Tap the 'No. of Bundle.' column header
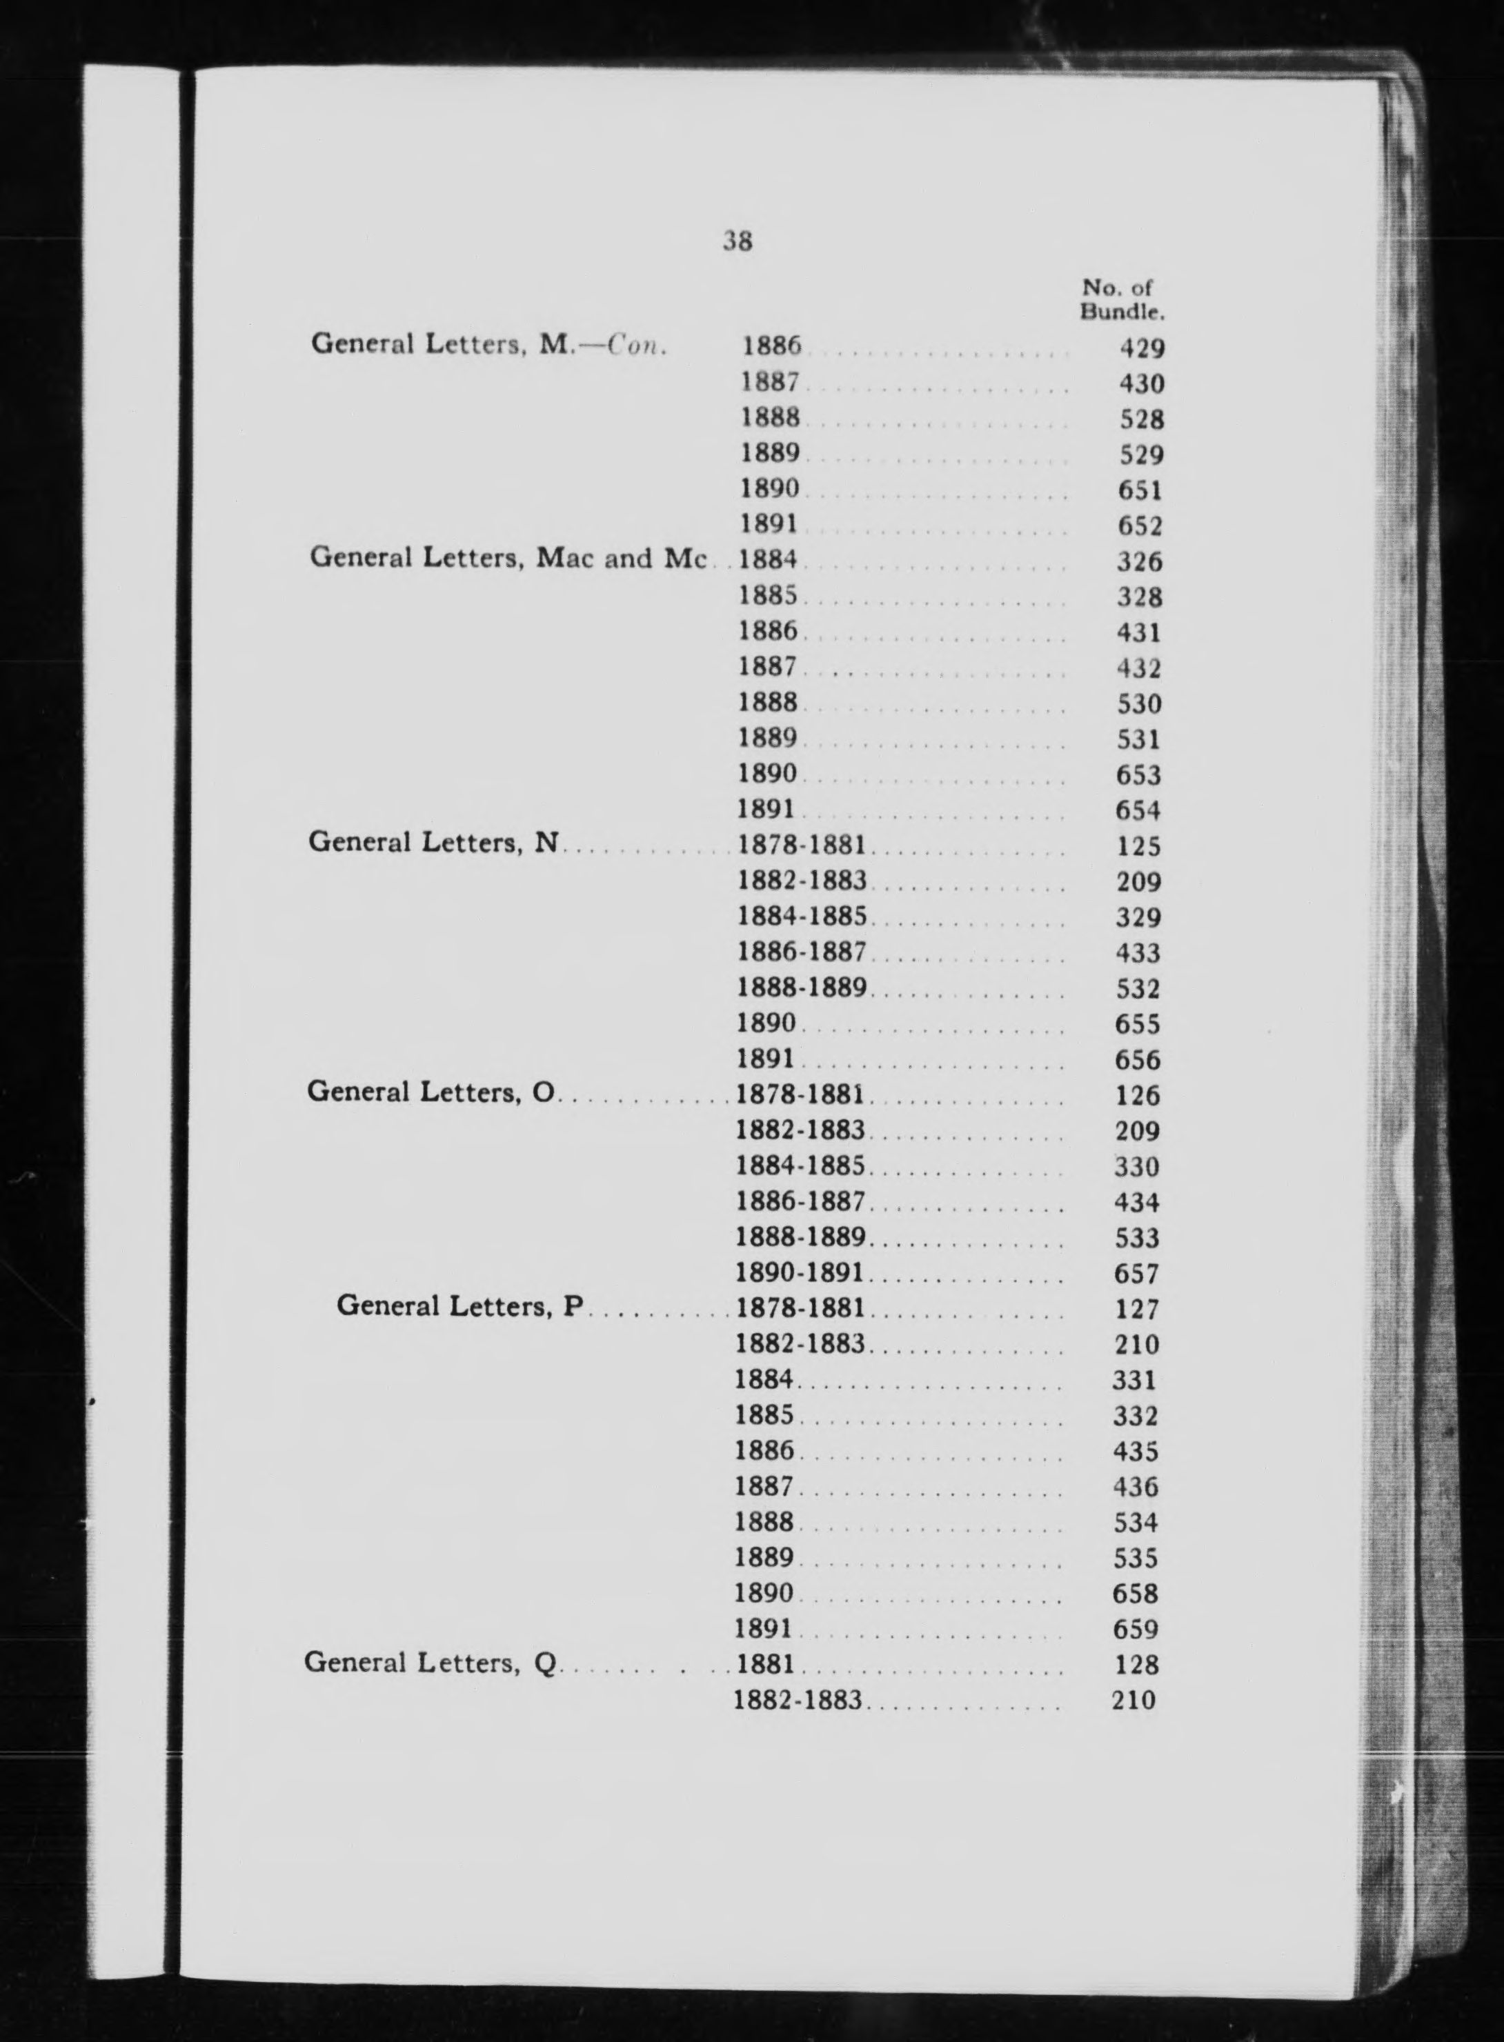(x=1122, y=300)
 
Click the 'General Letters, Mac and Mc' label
(x=508, y=558)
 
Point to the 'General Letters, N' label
(x=433, y=843)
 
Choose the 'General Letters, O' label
(x=431, y=1091)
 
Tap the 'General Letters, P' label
(x=459, y=1306)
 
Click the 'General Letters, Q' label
(x=430, y=1663)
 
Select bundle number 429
(x=1142, y=348)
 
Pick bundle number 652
(x=1140, y=526)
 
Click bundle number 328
(x=1140, y=597)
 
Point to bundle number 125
(x=1138, y=846)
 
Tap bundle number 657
(x=1136, y=1274)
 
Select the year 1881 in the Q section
(x=764, y=1664)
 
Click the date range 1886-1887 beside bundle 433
(x=801, y=952)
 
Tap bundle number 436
(x=1136, y=1487)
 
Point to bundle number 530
(x=1139, y=703)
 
